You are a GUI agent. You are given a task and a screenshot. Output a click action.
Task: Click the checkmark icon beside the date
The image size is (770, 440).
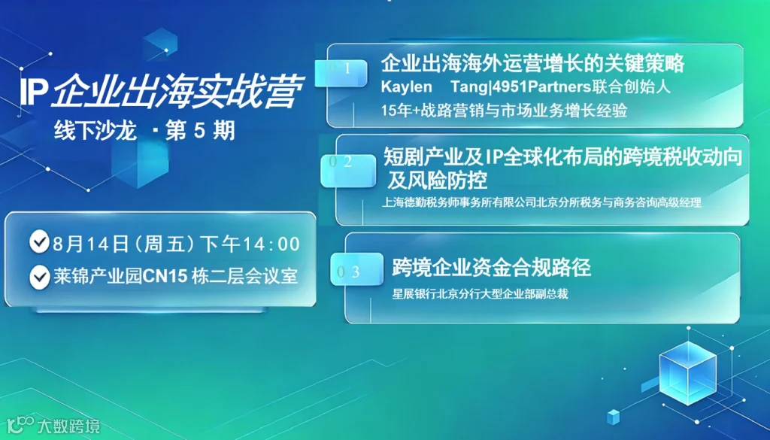pos(39,241)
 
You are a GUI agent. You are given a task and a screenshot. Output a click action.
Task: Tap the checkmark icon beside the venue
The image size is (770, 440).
pos(39,277)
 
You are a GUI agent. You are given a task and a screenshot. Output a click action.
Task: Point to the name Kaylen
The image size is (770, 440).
pos(406,87)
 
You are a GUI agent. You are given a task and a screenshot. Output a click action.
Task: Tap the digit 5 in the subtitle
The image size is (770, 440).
pos(199,131)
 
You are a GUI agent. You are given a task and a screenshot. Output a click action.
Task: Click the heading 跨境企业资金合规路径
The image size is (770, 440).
pos(491,268)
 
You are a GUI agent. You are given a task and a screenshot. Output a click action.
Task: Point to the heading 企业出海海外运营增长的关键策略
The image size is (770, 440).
pos(533,63)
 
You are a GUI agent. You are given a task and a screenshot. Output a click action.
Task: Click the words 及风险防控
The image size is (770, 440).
pos(438,181)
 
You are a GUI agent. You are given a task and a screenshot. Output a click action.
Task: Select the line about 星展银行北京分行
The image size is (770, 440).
pos(480,294)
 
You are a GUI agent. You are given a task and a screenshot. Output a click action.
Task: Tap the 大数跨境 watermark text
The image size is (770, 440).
pos(68,426)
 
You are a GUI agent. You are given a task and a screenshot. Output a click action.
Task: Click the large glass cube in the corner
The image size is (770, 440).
pos(687,373)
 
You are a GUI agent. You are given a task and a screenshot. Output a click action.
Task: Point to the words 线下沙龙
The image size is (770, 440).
pos(95,131)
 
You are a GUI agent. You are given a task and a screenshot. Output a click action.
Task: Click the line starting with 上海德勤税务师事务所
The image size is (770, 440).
pos(541,202)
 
